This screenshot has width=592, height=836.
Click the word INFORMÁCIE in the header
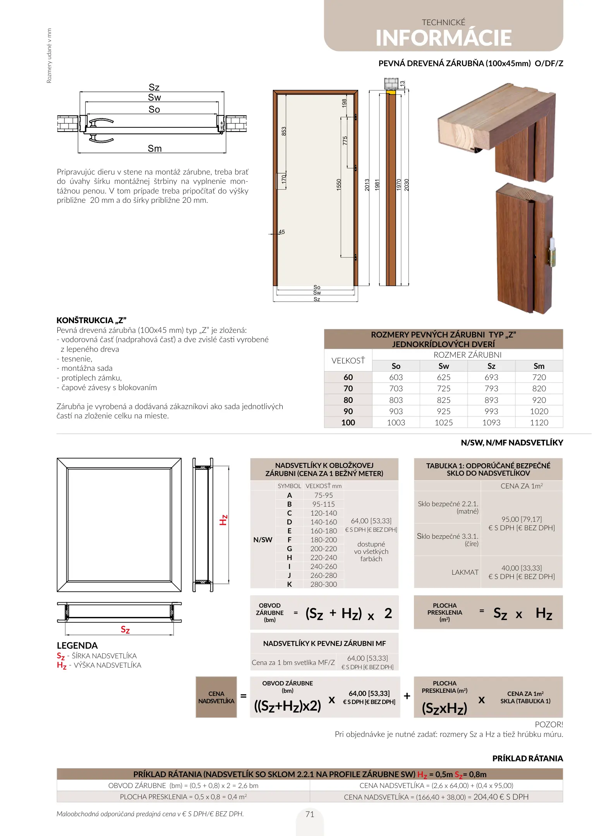tap(443, 38)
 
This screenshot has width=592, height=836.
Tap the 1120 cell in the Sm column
tap(539, 423)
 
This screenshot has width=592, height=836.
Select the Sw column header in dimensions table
tap(444, 366)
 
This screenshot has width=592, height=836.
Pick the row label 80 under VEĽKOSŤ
tap(348, 400)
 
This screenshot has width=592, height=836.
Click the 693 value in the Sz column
tap(491, 377)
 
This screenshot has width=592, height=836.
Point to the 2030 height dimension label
tap(407, 185)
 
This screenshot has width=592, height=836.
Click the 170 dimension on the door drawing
tap(284, 179)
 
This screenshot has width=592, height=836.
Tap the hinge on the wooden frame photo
tap(552, 252)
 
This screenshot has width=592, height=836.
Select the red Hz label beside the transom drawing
tap(224, 520)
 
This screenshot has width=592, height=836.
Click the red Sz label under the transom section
tap(125, 630)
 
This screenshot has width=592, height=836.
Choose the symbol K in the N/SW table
tap(290, 584)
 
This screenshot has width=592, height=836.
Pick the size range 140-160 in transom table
tap(324, 522)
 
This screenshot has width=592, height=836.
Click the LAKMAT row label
tap(465, 572)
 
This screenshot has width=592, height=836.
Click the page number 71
tap(310, 814)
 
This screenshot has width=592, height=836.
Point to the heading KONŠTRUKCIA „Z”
tap(91, 320)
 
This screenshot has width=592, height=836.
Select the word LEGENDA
tap(77, 646)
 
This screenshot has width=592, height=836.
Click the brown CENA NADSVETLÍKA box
tap(216, 697)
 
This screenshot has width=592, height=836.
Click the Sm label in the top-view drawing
tap(154, 149)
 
